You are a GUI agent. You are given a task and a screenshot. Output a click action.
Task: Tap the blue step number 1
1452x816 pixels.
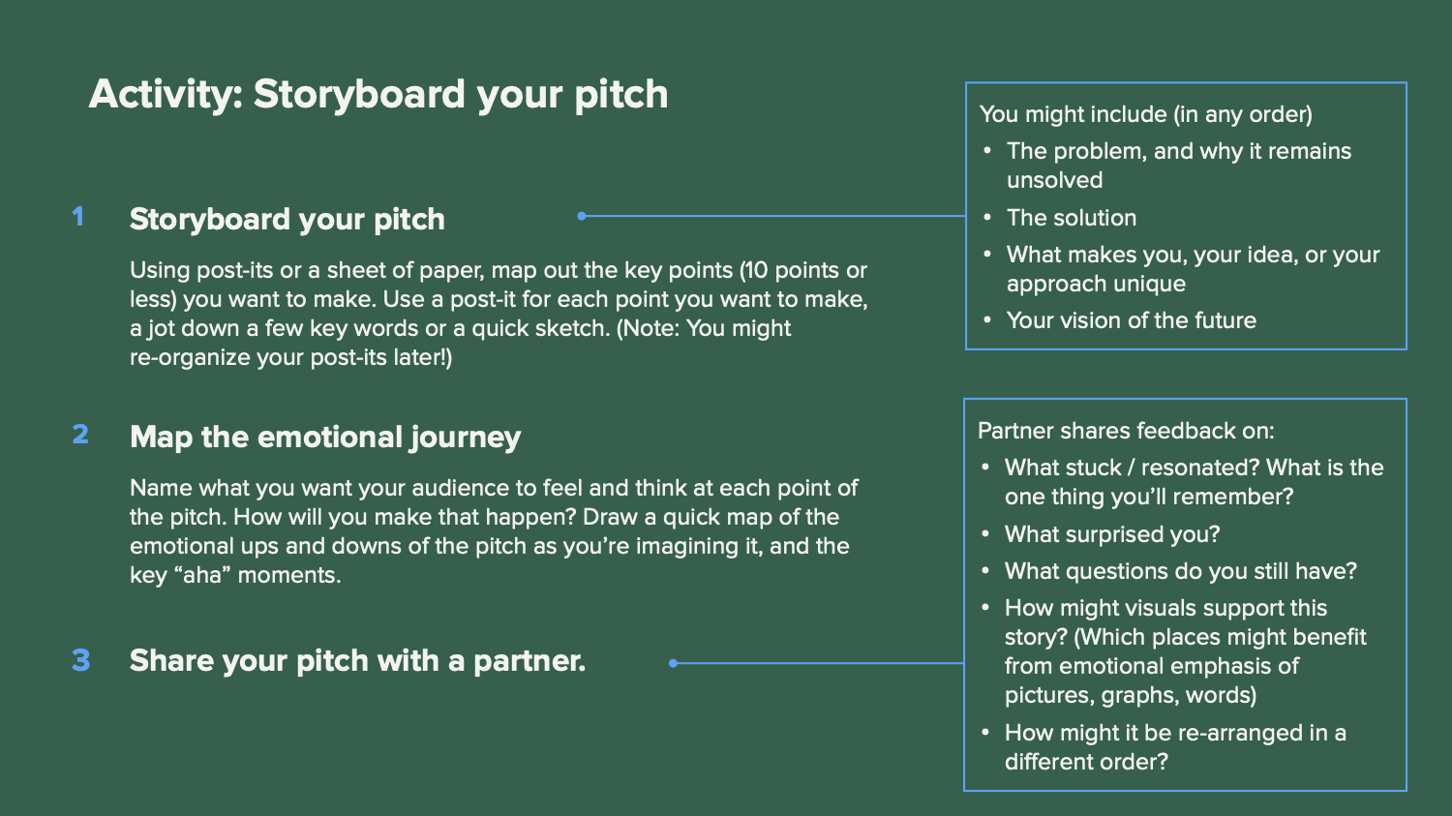[x=77, y=217]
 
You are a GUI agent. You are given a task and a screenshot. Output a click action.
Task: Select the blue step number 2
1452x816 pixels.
[x=80, y=435]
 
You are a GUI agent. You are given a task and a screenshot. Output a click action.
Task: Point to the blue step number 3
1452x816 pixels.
[x=81, y=660]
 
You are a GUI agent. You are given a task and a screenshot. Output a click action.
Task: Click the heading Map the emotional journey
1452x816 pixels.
[x=325, y=437]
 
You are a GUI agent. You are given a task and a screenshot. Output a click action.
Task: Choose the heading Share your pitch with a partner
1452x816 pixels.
[x=357, y=661]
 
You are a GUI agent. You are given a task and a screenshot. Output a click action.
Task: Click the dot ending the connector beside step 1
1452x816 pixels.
[x=582, y=216]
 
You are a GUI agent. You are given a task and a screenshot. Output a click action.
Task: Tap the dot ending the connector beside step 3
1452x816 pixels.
[x=673, y=663]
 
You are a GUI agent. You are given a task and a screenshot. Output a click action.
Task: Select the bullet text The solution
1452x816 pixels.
[x=1072, y=218]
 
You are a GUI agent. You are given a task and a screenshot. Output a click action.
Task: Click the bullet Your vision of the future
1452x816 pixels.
[x=1132, y=320]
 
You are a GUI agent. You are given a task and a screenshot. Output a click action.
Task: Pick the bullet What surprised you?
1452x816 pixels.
[x=1112, y=534]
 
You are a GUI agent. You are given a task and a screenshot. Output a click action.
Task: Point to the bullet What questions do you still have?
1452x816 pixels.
[x=1180, y=571]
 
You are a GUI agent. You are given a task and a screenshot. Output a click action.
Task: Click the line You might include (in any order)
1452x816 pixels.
[x=1145, y=115]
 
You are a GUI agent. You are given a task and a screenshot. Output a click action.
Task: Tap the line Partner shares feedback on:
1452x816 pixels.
[x=1126, y=431]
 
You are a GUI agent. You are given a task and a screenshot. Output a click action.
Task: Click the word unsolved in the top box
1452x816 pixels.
[x=1055, y=180]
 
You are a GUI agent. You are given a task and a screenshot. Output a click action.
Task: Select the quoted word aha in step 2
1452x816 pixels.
[x=202, y=576]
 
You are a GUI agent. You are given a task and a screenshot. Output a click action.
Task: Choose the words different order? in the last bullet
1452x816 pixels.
[x=1086, y=762]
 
